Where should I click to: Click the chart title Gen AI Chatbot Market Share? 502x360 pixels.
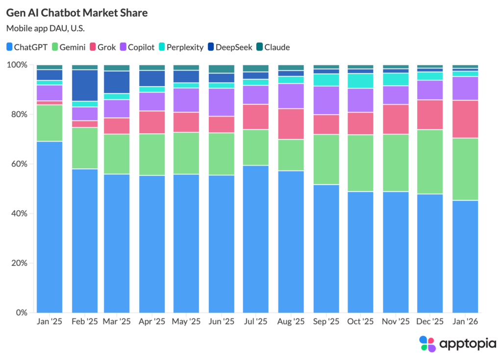click(77, 13)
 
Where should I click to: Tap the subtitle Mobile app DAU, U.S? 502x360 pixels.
click(46, 28)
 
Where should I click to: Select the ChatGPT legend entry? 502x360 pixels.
click(27, 47)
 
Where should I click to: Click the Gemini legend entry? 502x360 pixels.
click(69, 47)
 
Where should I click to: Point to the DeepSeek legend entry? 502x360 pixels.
click(230, 47)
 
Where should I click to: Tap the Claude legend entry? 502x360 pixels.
click(273, 47)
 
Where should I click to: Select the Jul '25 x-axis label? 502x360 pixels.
click(255, 322)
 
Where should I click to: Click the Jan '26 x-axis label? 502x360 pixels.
click(465, 322)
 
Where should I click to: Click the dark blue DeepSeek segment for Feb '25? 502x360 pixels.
click(85, 85)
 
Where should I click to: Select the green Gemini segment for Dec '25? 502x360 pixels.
click(430, 162)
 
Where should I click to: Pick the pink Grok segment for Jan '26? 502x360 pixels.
click(465, 119)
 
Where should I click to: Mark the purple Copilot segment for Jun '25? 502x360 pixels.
click(222, 102)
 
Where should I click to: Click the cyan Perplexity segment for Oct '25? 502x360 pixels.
click(360, 81)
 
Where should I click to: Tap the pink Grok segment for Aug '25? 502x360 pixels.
click(291, 124)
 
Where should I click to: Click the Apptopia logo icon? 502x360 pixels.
click(427, 344)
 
